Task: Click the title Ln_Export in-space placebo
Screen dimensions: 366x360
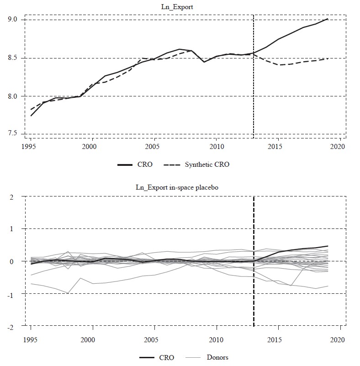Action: pyautogui.click(x=183, y=187)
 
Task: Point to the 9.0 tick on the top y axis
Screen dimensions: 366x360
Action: pyautogui.click(x=12, y=20)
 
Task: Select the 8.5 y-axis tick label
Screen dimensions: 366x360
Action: pyautogui.click(x=12, y=58)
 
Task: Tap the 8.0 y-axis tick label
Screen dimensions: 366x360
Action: pyautogui.click(x=12, y=96)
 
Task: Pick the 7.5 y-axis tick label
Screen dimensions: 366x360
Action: pyautogui.click(x=12, y=133)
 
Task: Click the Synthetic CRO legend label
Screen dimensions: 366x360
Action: pyautogui.click(x=207, y=164)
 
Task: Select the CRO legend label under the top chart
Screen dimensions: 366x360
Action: pyautogui.click(x=145, y=164)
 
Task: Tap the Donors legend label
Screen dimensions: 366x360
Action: pyautogui.click(x=218, y=357)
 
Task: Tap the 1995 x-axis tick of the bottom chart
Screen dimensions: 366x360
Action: pyautogui.click(x=31, y=340)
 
